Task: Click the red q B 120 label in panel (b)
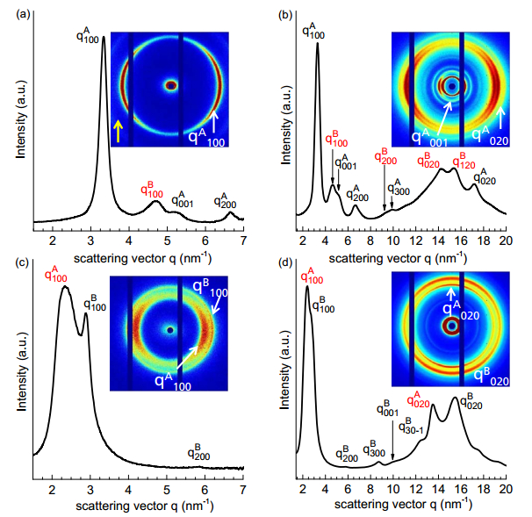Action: [463, 161]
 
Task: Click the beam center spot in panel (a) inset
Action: [171, 86]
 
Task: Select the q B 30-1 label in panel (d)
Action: [412, 426]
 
